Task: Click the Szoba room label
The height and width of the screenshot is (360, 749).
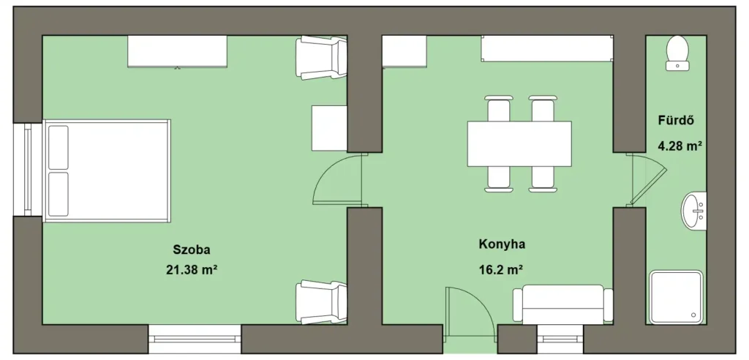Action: (x=192, y=250)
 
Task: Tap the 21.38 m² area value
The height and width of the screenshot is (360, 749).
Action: (x=192, y=270)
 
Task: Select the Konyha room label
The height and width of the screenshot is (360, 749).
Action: (x=502, y=244)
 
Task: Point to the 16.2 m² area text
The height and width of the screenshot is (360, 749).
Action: (x=500, y=270)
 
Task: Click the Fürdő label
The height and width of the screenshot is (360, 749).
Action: (x=676, y=120)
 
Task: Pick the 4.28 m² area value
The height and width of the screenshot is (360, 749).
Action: (x=680, y=146)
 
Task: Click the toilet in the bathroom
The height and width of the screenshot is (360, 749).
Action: (x=677, y=53)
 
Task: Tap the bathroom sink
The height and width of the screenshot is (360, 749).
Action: (x=693, y=211)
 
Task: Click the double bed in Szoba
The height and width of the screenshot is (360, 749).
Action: (x=107, y=170)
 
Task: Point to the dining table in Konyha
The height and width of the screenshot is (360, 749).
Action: (x=519, y=144)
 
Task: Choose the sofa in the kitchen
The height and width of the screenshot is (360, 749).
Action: (x=562, y=304)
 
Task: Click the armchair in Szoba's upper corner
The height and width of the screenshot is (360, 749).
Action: (x=321, y=58)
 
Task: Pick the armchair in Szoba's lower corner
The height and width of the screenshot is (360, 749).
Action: (x=321, y=302)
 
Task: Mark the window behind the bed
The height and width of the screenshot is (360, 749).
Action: (x=28, y=170)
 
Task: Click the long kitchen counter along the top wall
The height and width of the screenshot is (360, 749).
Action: (x=547, y=48)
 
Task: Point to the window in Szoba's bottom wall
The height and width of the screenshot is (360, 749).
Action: (x=195, y=340)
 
